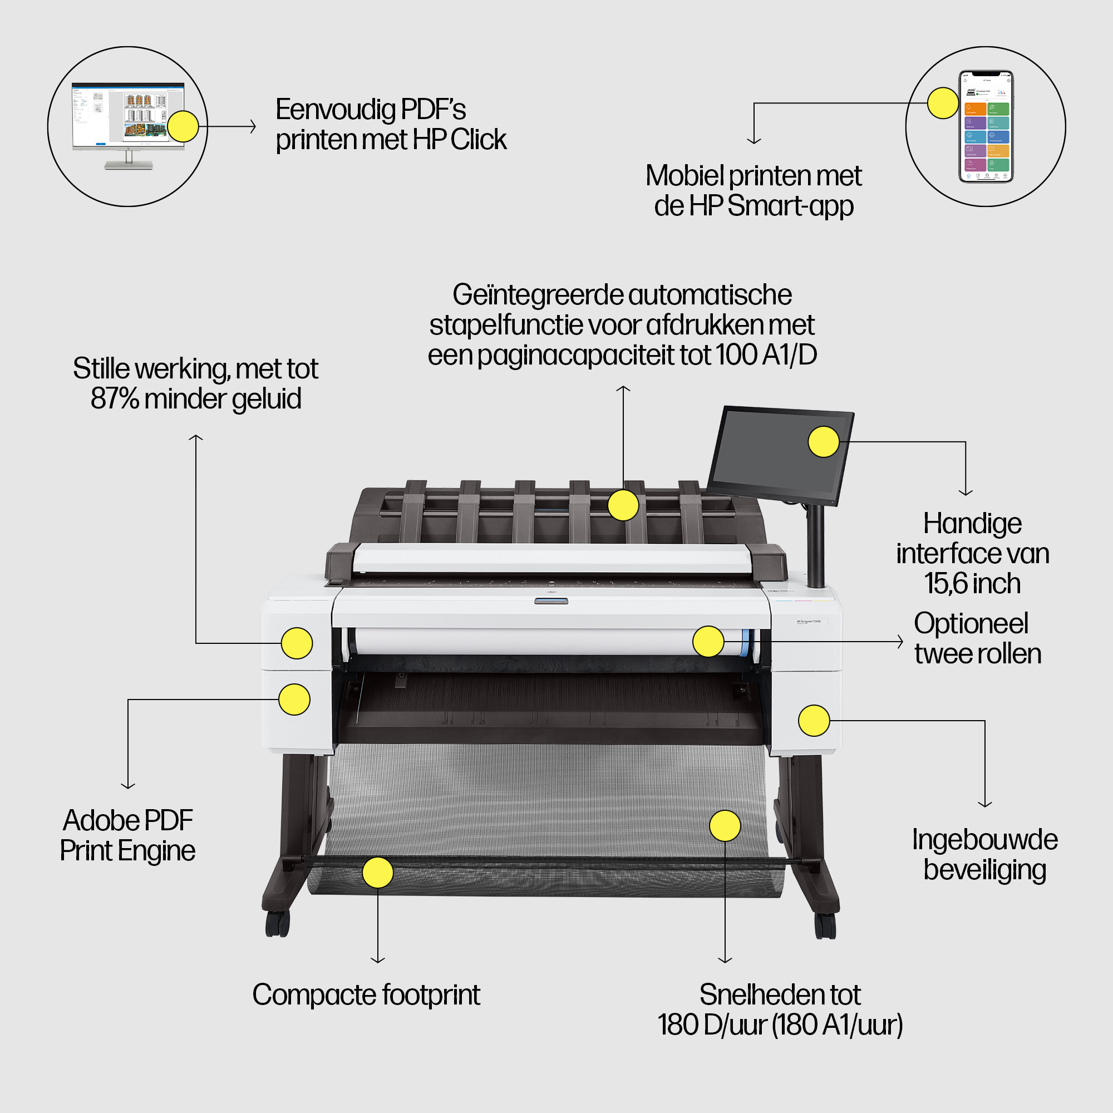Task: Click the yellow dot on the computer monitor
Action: click(183, 126)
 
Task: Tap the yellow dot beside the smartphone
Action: click(943, 103)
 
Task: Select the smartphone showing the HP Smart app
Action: click(986, 126)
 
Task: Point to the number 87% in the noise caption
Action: click(114, 398)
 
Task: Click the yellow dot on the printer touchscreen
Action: click(824, 442)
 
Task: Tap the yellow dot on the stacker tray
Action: click(623, 505)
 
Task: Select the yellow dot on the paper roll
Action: click(708, 641)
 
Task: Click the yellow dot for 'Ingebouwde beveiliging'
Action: click(814, 720)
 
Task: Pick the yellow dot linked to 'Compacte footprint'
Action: click(378, 872)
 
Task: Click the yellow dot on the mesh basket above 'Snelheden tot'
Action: click(725, 825)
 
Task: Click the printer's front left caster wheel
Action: click(277, 923)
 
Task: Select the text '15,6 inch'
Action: click(972, 584)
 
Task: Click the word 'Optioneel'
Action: click(971, 623)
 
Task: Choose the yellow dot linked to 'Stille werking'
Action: click(297, 643)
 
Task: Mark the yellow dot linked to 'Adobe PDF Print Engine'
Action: click(294, 700)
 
